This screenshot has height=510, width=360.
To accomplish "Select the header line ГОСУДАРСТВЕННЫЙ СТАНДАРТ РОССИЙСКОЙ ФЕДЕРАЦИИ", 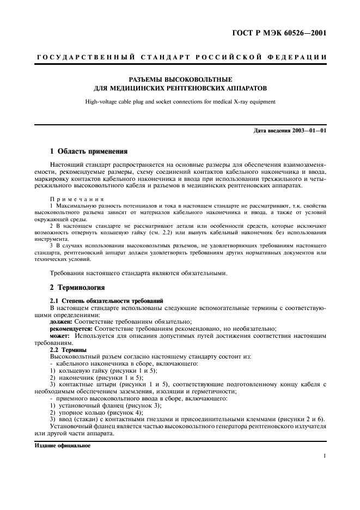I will pos(180,57).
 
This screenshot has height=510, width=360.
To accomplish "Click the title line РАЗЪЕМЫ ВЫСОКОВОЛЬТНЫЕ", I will pos(180,79).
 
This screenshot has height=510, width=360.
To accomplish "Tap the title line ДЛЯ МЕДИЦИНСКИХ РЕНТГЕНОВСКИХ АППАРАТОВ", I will pos(180,87).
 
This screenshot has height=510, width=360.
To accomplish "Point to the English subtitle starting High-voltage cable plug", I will pos(180,101).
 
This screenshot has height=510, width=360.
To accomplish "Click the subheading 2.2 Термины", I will pos(68,349).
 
